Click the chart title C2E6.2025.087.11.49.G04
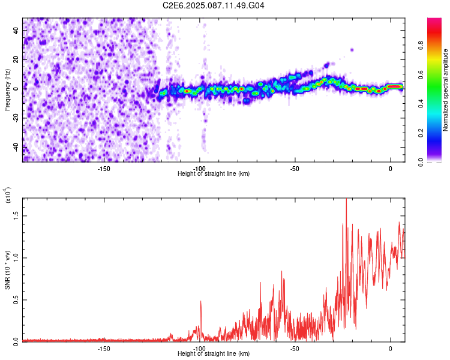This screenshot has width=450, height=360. pyautogui.click(x=214, y=5)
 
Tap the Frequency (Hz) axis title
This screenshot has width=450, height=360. pyautogui.click(x=7, y=89)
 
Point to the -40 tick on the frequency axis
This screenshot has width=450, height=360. pyautogui.click(x=16, y=146)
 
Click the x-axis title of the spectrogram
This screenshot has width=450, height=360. pyautogui.click(x=214, y=173)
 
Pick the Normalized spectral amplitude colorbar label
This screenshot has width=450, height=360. pyautogui.click(x=446, y=90)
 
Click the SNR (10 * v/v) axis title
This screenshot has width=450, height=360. pyautogui.click(x=7, y=269)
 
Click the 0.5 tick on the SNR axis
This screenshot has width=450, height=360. pyautogui.click(x=16, y=300)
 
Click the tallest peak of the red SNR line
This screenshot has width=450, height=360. pyautogui.click(x=346, y=200)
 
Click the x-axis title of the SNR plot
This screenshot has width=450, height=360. pyautogui.click(x=214, y=353)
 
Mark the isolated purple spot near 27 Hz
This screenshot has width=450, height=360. pyautogui.click(x=352, y=50)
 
